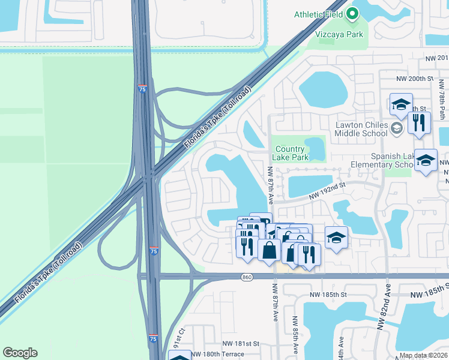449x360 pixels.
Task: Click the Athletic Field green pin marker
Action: (352, 13)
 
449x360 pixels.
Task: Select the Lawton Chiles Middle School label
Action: (361, 129)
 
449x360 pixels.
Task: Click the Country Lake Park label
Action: (292, 153)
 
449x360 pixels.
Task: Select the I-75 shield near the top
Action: (142, 88)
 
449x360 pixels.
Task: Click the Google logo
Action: (20, 353)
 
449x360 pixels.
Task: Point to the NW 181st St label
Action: (240, 344)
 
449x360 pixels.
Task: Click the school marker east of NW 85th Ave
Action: (337, 237)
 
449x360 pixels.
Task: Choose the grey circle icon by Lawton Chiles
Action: (396, 128)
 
